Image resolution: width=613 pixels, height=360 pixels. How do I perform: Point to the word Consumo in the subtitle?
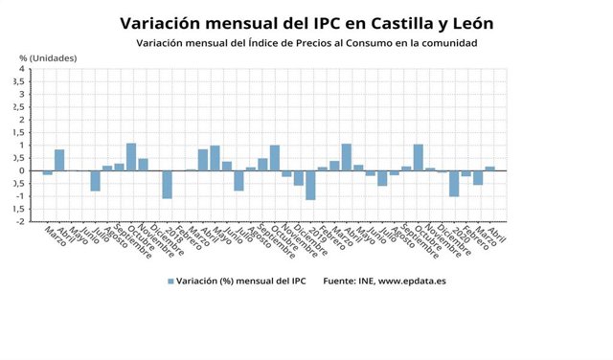pyautogui.click(x=372, y=43)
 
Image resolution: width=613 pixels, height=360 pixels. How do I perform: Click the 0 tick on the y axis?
pyautogui.click(x=21, y=170)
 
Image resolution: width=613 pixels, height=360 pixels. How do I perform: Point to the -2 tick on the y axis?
pyautogui.click(x=19, y=221)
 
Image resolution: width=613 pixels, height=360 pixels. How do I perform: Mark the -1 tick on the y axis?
pyautogui.click(x=19, y=196)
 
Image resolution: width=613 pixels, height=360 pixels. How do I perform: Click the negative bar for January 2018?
pyautogui.click(x=167, y=184)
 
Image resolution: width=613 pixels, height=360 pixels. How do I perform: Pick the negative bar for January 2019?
pyautogui.click(x=310, y=185)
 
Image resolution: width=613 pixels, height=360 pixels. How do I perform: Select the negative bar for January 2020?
pyautogui.click(x=454, y=183)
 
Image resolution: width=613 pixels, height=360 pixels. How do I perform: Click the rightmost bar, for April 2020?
pyautogui.click(x=489, y=169)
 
